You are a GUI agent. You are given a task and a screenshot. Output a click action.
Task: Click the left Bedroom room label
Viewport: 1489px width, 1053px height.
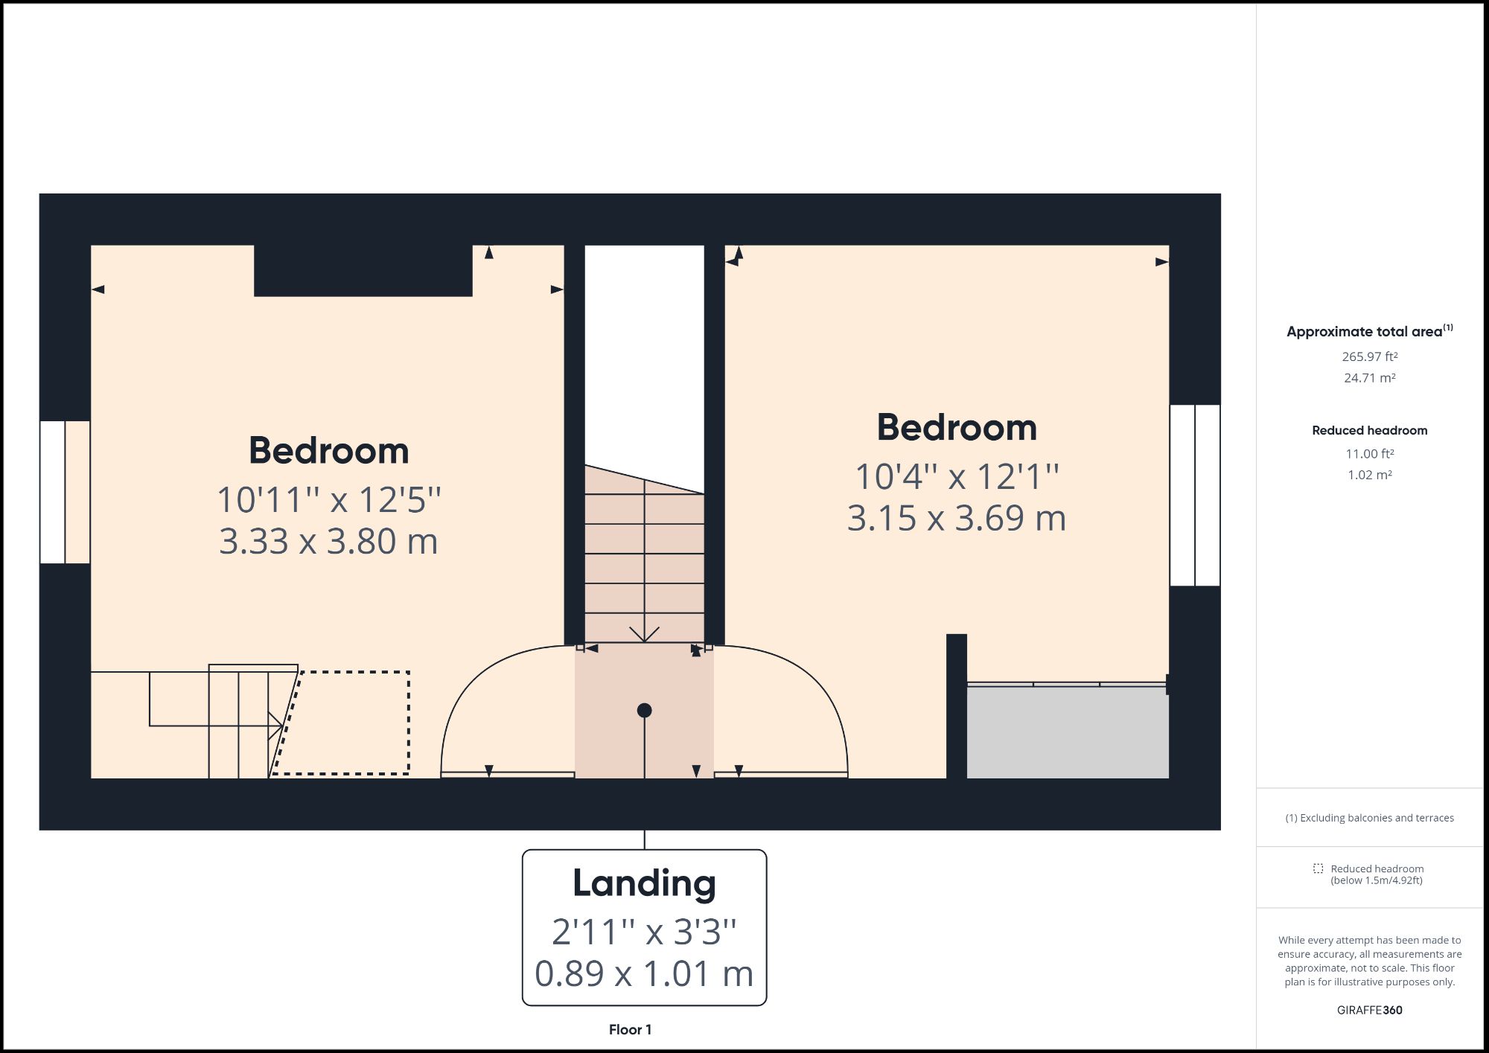(328, 451)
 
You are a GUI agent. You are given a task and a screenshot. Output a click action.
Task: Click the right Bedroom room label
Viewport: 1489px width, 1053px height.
(957, 428)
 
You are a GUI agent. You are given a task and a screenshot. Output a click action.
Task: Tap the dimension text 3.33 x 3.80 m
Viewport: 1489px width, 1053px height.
(328, 541)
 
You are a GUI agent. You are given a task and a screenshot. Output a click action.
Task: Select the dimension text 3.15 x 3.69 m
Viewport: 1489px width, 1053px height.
(957, 518)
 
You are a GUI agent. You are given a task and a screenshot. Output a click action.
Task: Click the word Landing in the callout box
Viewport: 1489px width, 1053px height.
(644, 883)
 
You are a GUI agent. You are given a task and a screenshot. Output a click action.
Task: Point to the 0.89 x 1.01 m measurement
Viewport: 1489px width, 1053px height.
(644, 973)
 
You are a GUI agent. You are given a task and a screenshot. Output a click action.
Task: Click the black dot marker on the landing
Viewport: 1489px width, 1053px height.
(645, 711)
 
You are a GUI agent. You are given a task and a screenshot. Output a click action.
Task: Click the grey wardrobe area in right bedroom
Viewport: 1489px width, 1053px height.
(1067, 733)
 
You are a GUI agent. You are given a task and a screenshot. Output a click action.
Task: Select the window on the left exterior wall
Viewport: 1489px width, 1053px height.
(64, 492)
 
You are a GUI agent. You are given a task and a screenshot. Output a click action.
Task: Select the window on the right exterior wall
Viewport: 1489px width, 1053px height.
(1194, 496)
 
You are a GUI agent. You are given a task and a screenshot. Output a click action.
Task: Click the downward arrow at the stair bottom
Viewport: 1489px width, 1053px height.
(644, 634)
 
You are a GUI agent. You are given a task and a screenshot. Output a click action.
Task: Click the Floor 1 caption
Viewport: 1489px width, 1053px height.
(630, 1030)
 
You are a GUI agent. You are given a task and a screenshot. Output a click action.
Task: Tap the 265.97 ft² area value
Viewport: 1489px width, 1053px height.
(1369, 356)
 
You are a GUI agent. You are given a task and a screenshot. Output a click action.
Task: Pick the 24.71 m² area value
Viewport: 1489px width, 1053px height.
(1369, 378)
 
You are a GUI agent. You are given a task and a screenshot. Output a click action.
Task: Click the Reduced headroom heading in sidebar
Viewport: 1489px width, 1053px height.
(1369, 430)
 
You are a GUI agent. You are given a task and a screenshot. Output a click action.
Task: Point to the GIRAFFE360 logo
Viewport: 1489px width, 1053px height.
(1369, 1010)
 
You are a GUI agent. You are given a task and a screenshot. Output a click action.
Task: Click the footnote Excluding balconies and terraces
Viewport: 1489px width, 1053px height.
(1369, 818)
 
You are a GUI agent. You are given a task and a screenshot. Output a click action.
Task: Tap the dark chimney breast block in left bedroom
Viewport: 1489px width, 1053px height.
(363, 271)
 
